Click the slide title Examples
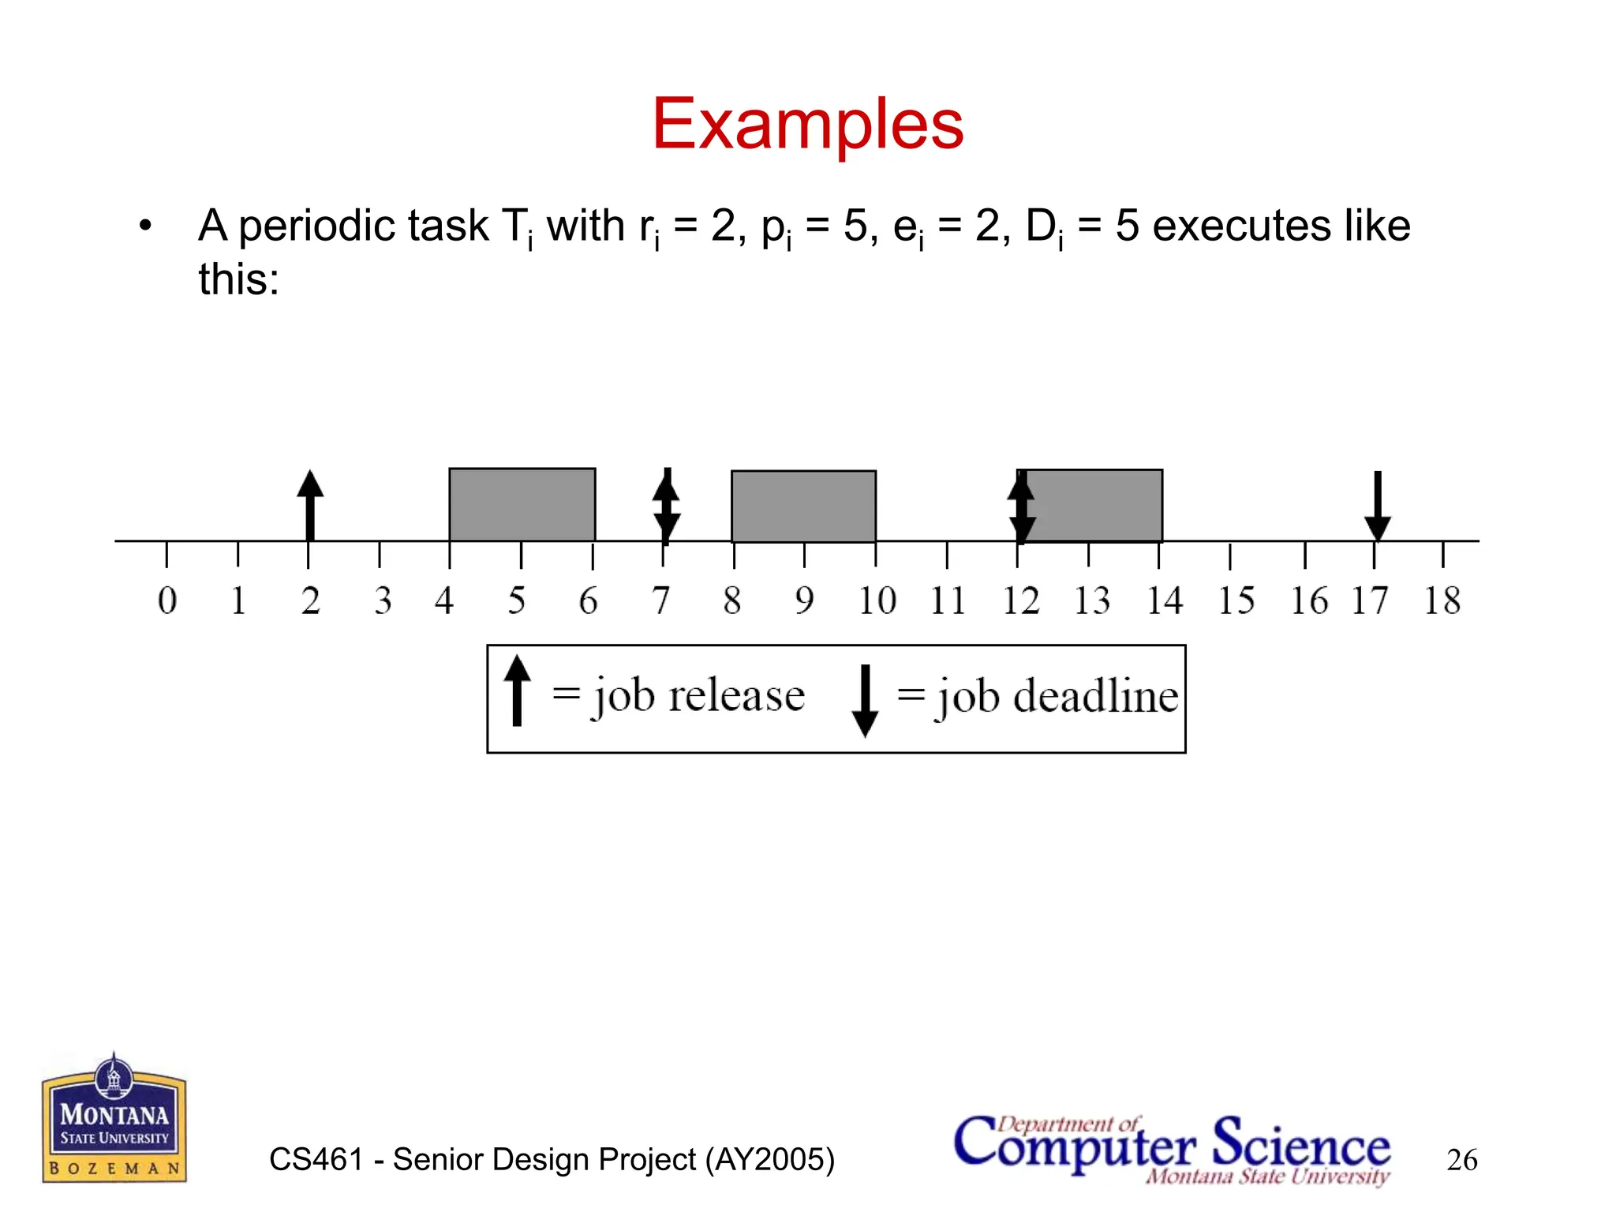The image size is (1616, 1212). point(807,124)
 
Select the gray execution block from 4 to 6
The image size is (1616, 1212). point(522,505)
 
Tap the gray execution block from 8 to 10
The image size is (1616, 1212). point(803,507)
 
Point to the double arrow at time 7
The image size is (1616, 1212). point(666,507)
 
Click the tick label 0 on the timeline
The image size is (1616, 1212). point(166,601)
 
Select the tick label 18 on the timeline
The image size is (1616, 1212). point(1442,601)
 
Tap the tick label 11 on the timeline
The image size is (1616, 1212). point(948,601)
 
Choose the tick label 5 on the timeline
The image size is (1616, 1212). point(516,601)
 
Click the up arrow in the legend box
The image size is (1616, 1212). point(517,691)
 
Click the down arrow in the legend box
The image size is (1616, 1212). point(865,700)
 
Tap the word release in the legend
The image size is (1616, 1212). point(736,696)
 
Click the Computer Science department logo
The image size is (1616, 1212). point(1172,1149)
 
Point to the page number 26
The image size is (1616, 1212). point(1461,1160)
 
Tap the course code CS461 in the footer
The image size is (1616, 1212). point(316,1160)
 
